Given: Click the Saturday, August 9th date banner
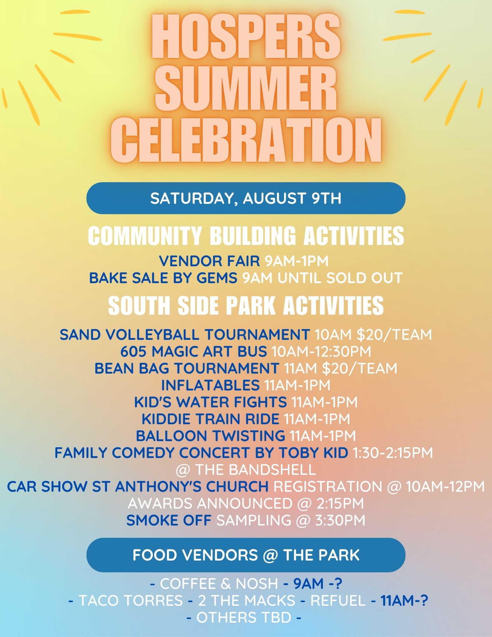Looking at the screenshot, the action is [246, 198].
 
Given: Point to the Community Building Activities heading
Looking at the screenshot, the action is [246, 235].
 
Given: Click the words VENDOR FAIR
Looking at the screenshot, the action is [210, 261].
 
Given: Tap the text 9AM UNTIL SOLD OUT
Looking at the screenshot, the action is [323, 278].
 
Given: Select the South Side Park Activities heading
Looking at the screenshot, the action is [246, 305].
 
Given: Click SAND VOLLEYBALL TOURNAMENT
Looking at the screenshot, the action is [185, 334].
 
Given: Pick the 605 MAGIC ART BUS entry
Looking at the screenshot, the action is [194, 351].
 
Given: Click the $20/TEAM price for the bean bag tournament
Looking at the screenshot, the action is [360, 368].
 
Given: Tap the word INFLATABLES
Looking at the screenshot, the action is [210, 385].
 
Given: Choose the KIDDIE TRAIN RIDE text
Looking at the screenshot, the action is [210, 419].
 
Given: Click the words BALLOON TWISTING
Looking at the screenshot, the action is [210, 436].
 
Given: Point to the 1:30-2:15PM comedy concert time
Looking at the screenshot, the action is [393, 453].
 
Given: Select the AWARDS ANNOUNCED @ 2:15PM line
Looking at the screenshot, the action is [246, 504].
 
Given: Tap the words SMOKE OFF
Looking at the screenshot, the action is [169, 520].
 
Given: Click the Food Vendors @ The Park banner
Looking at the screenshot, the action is [246, 555].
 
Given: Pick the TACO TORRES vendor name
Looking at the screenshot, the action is [131, 601].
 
